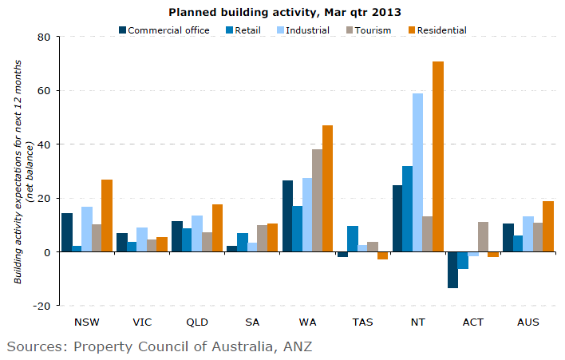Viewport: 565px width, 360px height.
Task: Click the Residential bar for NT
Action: pos(437,156)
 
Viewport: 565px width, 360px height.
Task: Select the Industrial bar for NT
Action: pos(417,172)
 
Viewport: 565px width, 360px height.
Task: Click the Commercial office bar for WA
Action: pos(287,216)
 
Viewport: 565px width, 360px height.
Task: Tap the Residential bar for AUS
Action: pos(547,227)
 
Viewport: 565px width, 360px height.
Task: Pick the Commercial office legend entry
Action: pos(164,30)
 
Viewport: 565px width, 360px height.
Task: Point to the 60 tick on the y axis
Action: pos(42,91)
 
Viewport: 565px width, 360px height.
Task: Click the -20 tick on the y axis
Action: pos(40,306)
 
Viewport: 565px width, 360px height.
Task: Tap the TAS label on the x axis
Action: pos(362,322)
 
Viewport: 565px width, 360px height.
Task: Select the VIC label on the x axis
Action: pos(142,322)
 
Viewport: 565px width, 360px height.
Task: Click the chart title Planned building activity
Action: pos(284,13)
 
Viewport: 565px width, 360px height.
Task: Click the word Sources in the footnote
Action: pos(36,346)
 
